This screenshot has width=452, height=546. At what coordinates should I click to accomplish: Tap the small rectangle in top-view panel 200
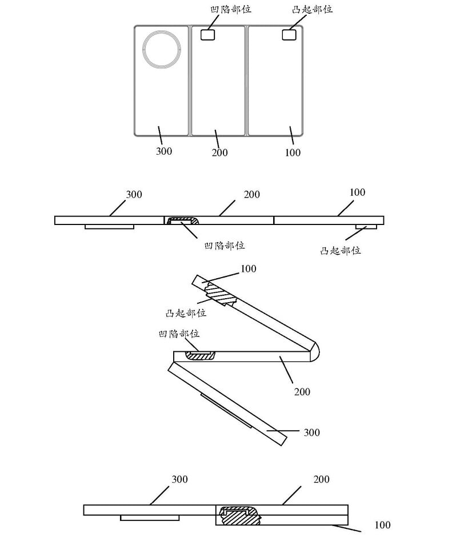207,34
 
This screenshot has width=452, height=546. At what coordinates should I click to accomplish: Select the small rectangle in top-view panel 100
289,34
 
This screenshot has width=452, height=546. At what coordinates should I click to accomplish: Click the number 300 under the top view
164,151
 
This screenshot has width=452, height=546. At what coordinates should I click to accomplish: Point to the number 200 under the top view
219,152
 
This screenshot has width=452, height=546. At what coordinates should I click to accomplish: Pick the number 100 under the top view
293,152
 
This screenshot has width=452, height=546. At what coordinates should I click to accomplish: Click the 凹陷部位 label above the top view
230,9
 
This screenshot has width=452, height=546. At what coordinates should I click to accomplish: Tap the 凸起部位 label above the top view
312,9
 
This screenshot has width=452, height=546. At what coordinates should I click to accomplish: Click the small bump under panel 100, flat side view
366,227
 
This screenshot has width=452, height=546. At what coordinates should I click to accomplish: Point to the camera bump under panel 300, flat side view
109,227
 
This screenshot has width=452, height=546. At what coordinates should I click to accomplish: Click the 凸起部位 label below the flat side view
341,251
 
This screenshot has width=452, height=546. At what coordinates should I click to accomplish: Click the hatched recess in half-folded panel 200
200,355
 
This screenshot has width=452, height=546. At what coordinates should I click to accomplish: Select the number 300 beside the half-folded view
311,432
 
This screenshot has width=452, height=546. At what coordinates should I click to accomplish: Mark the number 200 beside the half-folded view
302,392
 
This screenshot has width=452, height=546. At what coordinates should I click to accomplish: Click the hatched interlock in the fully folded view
239,515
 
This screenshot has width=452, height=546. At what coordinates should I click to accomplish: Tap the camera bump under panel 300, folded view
150,518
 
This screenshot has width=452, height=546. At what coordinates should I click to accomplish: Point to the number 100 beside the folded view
382,525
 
